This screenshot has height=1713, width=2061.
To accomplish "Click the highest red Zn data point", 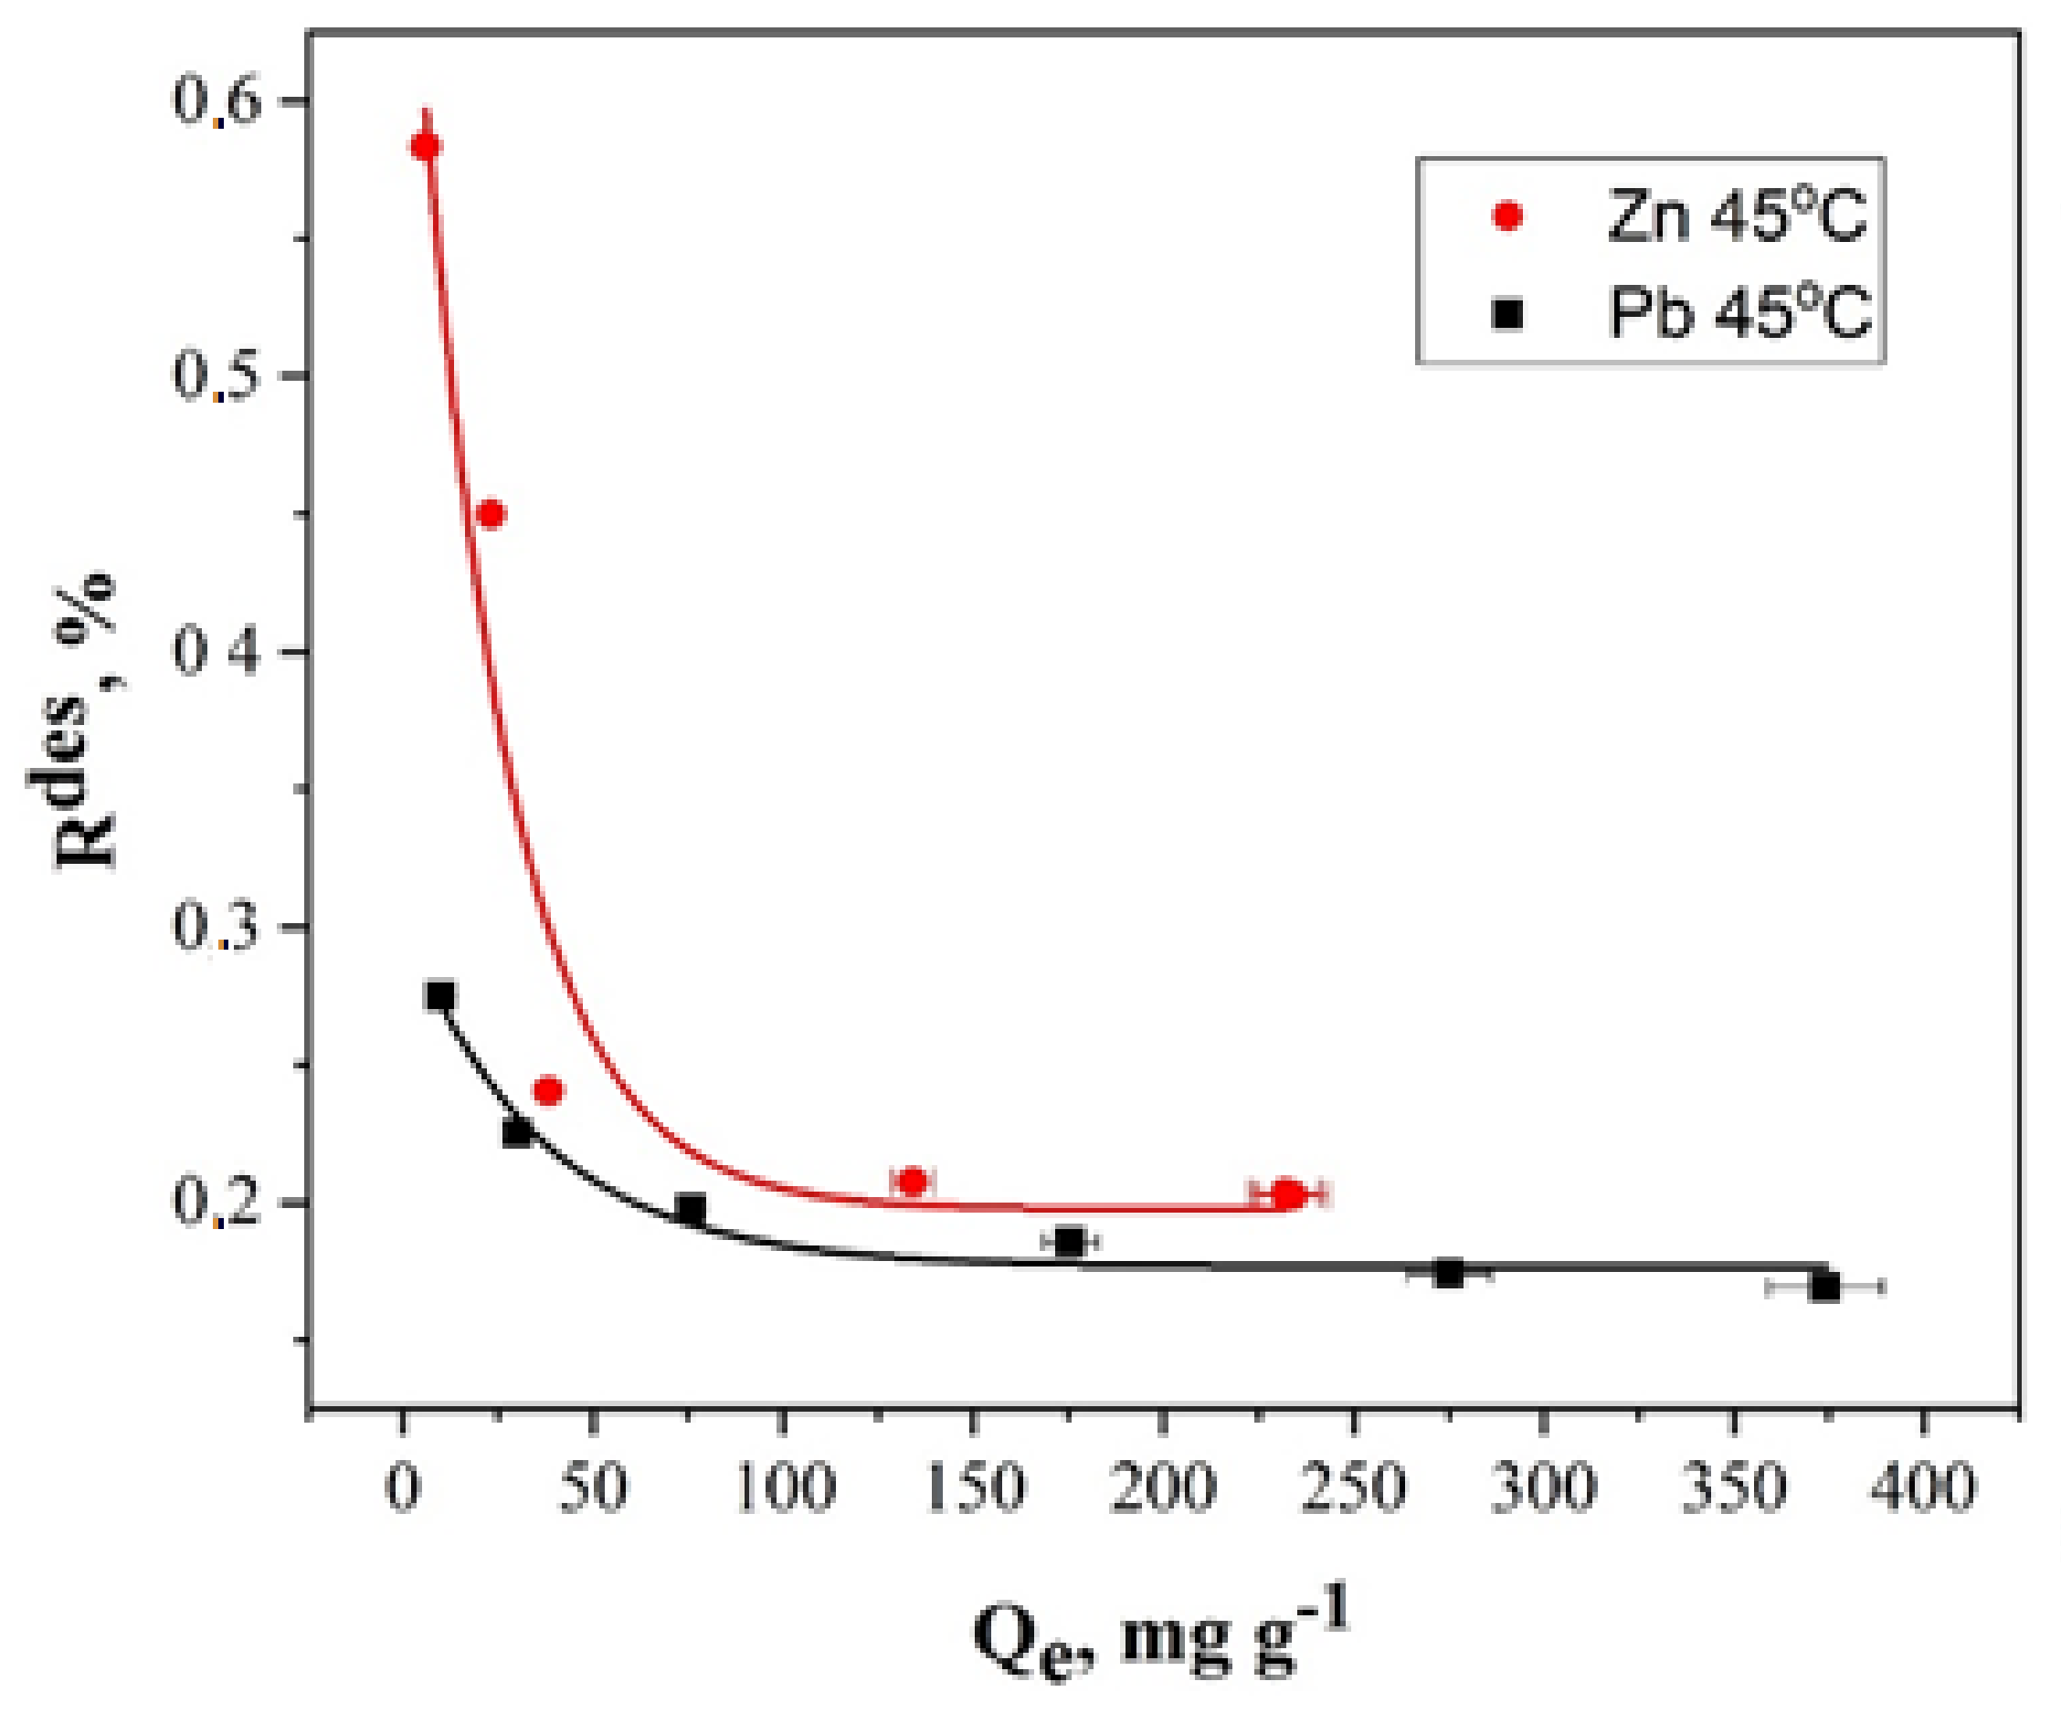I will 425,146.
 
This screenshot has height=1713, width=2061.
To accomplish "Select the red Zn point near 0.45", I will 491,514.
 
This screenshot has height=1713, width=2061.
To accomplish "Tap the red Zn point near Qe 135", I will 913,1182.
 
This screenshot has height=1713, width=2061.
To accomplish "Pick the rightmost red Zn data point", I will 1289,1194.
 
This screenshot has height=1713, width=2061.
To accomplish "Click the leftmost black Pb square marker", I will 440,997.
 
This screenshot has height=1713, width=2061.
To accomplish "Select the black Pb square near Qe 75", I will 691,1210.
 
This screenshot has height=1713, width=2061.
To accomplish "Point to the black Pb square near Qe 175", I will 1069,1242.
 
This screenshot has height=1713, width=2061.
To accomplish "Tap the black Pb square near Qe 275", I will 1449,1274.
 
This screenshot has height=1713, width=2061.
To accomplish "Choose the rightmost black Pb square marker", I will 1824,1287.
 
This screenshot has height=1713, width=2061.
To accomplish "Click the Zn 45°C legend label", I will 1736,215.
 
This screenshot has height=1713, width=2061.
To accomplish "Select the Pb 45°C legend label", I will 1740,313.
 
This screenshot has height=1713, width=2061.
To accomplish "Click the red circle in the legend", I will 1507,215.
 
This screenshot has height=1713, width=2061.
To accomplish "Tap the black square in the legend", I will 1507,314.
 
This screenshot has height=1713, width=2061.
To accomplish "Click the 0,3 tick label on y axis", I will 217,926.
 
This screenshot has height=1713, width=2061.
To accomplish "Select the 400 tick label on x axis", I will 1921,1487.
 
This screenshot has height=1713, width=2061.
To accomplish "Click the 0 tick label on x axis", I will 402,1487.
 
